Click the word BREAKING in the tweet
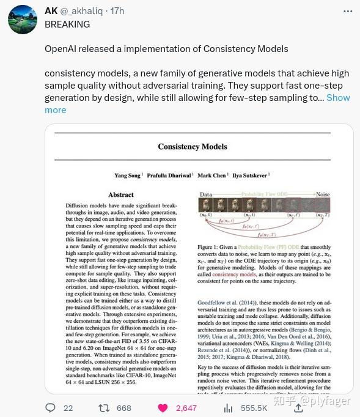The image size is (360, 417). click(x=67, y=24)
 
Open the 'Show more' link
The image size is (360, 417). click(x=338, y=98)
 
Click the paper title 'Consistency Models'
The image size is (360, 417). click(x=193, y=147)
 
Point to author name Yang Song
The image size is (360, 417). click(x=128, y=175)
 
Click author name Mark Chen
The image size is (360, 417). click(x=212, y=175)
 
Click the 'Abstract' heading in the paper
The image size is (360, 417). click(x=121, y=195)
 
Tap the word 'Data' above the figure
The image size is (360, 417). click(x=207, y=194)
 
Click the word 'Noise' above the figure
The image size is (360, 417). click(x=322, y=194)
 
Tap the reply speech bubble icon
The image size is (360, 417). click(x=51, y=408)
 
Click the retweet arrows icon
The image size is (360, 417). click(x=105, y=408)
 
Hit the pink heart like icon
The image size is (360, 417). click(x=163, y=408)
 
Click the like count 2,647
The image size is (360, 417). click(x=186, y=408)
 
